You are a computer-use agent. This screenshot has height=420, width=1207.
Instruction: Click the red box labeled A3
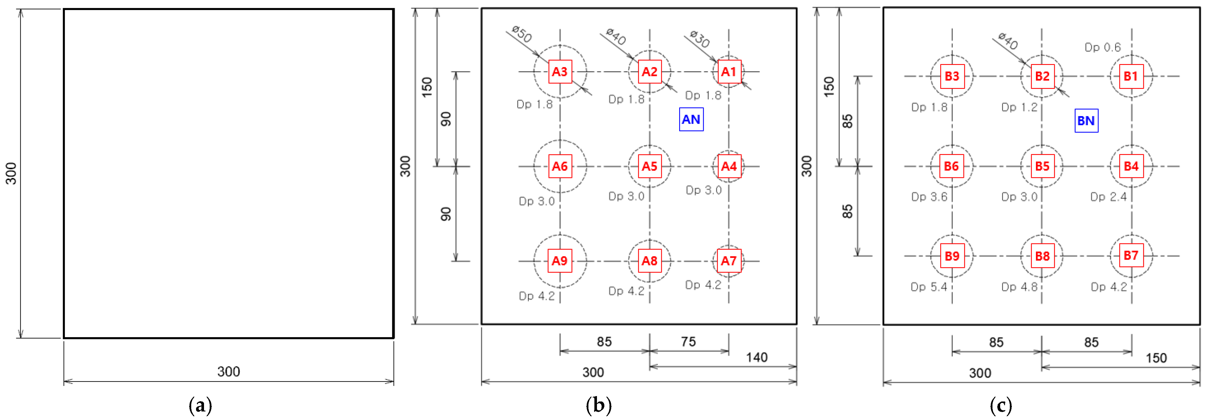(560, 72)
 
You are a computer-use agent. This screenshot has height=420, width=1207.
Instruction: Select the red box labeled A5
(649, 166)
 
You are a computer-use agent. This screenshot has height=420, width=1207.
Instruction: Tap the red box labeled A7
(729, 261)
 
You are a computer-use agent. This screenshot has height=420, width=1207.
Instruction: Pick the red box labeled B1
(1131, 76)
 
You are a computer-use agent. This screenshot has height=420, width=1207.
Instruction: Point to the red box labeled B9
(952, 256)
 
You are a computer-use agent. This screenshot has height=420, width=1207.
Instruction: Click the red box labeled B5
(1042, 166)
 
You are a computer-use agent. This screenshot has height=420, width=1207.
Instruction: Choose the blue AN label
(691, 120)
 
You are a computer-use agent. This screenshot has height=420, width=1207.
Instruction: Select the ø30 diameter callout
(700, 39)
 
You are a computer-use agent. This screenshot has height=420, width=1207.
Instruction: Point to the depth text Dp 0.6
(1103, 47)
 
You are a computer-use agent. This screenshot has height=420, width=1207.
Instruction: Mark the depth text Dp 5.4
(929, 287)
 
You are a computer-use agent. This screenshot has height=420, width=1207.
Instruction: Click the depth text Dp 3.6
(929, 197)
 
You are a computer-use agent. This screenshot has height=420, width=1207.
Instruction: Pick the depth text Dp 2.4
(1108, 197)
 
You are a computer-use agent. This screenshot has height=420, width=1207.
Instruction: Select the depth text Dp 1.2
(1019, 107)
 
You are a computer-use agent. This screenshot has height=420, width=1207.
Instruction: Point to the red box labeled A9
(560, 261)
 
